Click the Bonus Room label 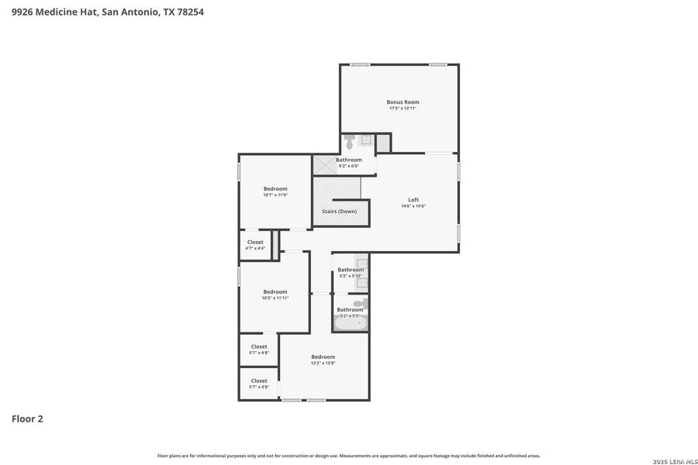403,102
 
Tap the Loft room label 413,200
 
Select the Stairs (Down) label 339,211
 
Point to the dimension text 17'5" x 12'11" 403,108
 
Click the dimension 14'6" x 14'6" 413,206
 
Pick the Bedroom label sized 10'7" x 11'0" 275,189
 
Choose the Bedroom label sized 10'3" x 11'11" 275,291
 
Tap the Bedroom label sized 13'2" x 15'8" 323,356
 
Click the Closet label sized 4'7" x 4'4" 255,242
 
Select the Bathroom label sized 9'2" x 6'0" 348,160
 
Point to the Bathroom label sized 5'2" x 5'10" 350,270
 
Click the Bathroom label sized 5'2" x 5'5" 350,309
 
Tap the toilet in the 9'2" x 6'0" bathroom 349,143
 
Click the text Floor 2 27,419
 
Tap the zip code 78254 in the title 190,12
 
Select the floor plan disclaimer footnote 348,456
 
